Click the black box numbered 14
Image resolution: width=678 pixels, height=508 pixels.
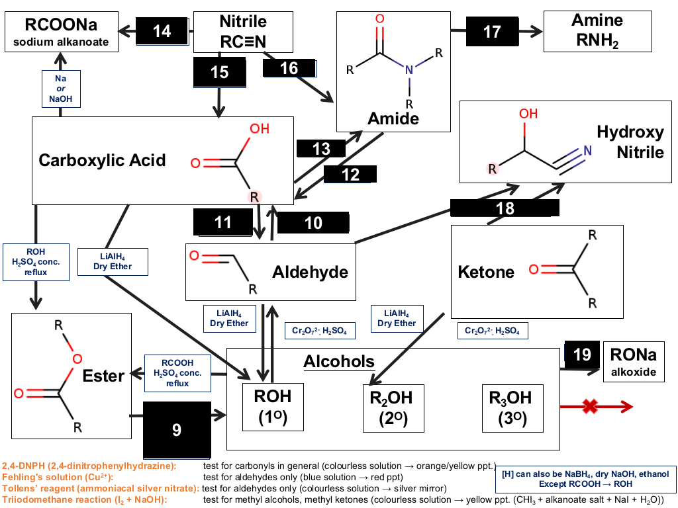(x=162, y=31)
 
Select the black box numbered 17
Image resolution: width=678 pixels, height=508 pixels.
(x=492, y=32)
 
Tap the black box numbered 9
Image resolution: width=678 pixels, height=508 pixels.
(x=177, y=430)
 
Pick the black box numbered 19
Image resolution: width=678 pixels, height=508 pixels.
(x=582, y=355)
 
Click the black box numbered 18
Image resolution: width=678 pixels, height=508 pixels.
(x=505, y=208)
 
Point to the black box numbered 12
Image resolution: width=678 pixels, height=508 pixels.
(x=350, y=174)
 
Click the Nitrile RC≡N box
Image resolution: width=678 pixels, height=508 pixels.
(x=243, y=32)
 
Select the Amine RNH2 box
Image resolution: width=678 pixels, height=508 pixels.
(x=598, y=32)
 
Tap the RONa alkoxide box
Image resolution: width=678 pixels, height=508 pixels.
(x=634, y=362)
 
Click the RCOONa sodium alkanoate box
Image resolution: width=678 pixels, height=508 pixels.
(x=62, y=32)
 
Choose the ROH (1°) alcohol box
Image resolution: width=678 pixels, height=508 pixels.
(x=273, y=407)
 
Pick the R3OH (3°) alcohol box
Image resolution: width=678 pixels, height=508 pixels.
(x=512, y=408)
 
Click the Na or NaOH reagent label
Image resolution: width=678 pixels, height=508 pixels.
(x=61, y=89)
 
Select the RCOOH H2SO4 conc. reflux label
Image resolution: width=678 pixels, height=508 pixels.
(x=177, y=373)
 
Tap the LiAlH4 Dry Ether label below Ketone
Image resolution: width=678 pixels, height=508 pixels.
(x=397, y=318)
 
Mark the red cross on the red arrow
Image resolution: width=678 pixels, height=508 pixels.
(x=590, y=406)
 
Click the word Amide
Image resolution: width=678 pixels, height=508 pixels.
(x=393, y=118)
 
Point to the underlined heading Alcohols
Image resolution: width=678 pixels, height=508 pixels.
(x=339, y=362)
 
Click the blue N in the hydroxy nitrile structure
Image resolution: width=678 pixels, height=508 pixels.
(x=587, y=150)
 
